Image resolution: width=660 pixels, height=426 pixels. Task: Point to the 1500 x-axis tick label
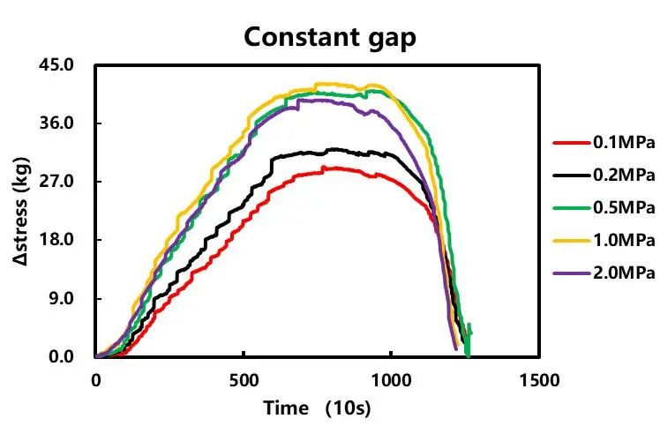[539, 380]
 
